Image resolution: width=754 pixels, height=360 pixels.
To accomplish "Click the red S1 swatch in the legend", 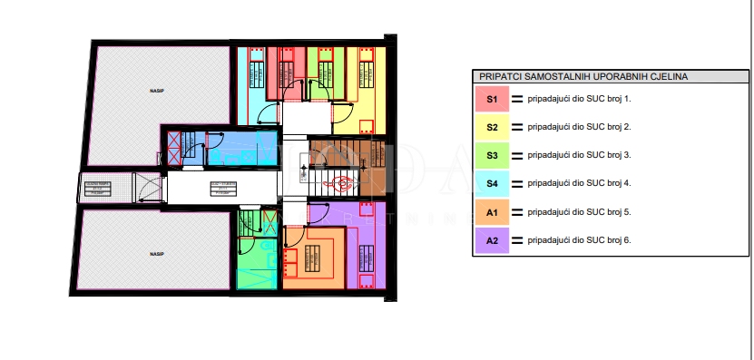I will [x=491, y=99].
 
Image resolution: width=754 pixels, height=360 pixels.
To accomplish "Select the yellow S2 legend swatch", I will [x=491, y=127].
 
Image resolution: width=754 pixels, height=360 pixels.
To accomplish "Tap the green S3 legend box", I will [x=491, y=155].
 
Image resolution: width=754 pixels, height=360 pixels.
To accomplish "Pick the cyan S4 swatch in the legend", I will [x=491, y=184].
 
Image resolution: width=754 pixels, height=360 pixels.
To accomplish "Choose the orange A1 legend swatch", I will [x=491, y=212].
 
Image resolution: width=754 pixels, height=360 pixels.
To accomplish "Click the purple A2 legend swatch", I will [x=491, y=240].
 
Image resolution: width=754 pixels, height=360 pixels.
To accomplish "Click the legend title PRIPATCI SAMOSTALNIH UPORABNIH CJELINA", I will [x=583, y=77].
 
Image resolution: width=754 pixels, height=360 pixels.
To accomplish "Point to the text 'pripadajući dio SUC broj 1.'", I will [x=579, y=99].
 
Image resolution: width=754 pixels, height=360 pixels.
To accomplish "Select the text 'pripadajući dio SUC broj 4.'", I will [x=579, y=184].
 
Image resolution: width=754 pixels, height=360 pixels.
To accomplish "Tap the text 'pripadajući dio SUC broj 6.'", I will [x=579, y=240].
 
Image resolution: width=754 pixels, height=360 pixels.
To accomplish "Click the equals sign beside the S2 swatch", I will [x=518, y=127].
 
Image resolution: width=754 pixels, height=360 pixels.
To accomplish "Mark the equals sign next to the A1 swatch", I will [x=518, y=212].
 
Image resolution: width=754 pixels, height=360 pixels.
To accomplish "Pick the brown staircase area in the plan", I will [x=336, y=154].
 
